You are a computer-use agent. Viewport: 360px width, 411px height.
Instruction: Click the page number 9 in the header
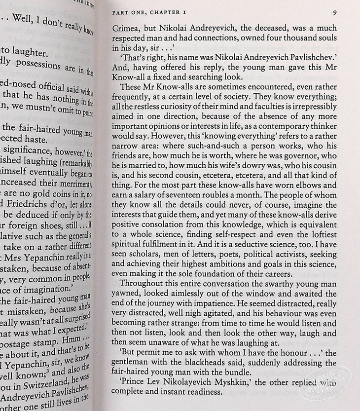point(334,13)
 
